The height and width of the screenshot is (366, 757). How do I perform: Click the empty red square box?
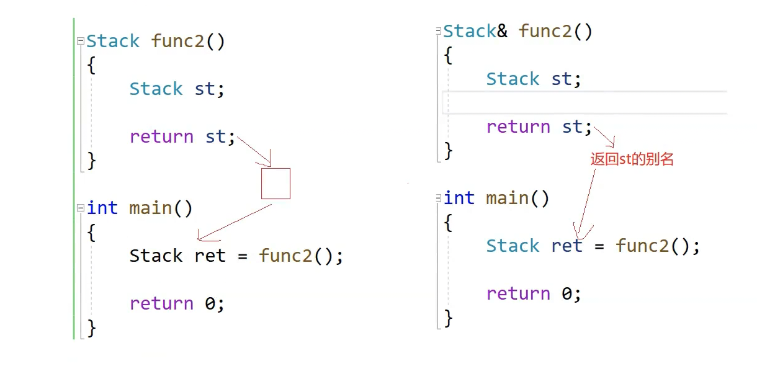(x=275, y=184)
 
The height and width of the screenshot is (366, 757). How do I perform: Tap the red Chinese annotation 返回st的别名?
(x=632, y=159)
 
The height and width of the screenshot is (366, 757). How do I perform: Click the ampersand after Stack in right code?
(x=503, y=32)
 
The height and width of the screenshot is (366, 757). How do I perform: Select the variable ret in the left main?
(x=210, y=256)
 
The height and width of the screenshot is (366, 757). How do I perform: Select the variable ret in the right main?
(x=567, y=246)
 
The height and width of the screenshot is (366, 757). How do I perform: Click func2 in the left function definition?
(x=178, y=42)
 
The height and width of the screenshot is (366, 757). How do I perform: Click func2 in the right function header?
(x=545, y=32)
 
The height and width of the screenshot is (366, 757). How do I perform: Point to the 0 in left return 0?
(x=210, y=303)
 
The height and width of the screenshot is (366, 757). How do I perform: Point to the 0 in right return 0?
(x=567, y=293)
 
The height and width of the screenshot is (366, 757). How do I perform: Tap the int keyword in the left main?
(x=102, y=208)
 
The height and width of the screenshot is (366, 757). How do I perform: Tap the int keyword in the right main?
(x=459, y=199)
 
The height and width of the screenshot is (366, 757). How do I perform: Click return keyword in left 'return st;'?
(x=161, y=136)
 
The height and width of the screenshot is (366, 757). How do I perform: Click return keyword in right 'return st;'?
(x=518, y=127)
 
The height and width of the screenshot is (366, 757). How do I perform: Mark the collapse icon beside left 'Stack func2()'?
(x=80, y=42)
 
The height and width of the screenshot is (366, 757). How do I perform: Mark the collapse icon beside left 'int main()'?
(x=80, y=208)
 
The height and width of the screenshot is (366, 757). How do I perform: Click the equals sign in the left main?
(x=242, y=256)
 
